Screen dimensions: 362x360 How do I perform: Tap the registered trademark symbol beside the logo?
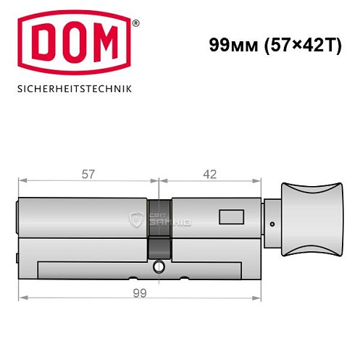(x=135, y=23)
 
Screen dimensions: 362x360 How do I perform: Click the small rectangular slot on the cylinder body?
(x=232, y=216)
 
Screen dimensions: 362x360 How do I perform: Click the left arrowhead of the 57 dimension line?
(x=22, y=182)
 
